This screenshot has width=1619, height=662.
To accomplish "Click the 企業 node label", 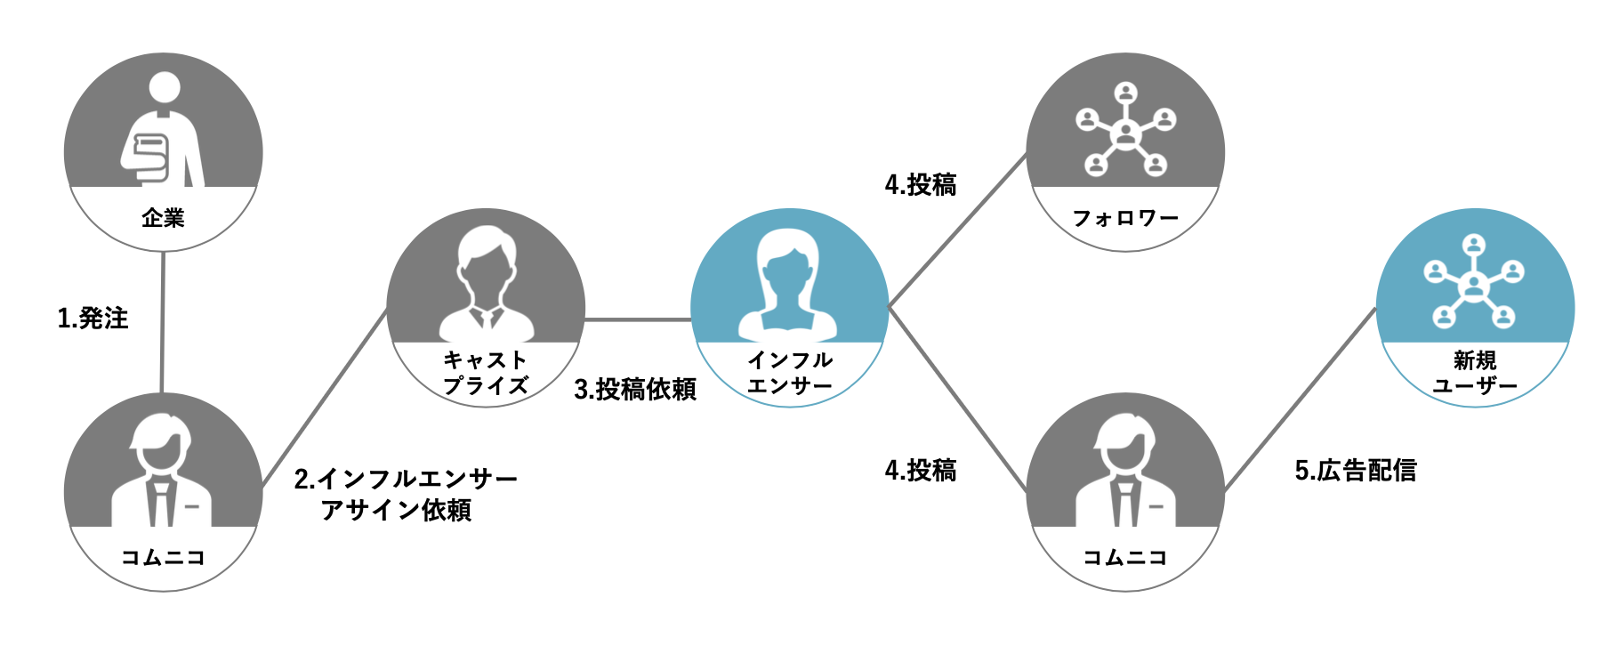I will click(163, 218).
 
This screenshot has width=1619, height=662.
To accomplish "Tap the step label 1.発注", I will click(93, 319).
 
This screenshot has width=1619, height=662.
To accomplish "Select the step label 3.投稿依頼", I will click(634, 390).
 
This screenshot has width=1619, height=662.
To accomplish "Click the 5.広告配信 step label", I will click(1355, 471).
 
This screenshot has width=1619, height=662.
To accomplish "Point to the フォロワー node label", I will click(1125, 218).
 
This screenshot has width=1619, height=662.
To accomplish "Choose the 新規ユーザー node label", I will click(1475, 373).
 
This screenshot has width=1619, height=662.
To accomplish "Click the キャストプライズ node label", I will click(486, 373).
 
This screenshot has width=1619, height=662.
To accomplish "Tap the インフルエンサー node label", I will click(790, 373).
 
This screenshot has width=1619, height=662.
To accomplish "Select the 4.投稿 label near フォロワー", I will click(921, 185).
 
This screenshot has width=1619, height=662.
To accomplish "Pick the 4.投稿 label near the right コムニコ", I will click(921, 471).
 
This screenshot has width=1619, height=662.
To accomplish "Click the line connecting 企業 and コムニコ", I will click(163, 322).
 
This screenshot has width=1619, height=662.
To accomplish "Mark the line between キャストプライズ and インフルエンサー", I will click(638, 319).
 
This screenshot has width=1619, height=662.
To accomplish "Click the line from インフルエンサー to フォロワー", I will click(958, 230).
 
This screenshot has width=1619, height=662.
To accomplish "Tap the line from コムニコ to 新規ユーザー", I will click(1301, 400).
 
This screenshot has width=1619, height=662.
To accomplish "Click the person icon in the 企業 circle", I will click(163, 131).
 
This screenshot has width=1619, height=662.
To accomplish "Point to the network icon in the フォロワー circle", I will click(1125, 130).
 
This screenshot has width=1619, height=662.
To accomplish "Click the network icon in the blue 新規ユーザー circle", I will click(1474, 281).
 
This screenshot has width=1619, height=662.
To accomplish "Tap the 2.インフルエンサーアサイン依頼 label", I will click(405, 495).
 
